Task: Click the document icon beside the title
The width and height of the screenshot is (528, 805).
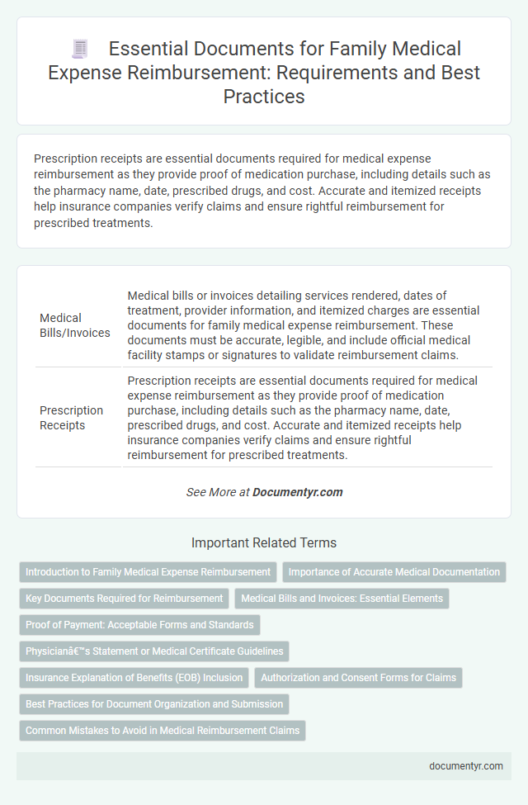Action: [81, 50]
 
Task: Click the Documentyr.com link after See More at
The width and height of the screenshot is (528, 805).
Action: [297, 492]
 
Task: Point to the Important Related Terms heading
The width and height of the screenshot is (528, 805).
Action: [264, 542]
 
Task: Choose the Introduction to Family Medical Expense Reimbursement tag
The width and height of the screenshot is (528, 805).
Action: [148, 571]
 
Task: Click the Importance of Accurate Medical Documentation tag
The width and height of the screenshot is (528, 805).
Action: [394, 571]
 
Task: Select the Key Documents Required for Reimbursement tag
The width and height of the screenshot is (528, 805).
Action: [124, 598]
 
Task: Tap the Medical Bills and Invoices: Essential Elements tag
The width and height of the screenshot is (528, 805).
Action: [342, 598]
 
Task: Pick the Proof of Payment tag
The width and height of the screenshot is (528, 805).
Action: [139, 624]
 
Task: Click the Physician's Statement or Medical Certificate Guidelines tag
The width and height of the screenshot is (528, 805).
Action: [154, 651]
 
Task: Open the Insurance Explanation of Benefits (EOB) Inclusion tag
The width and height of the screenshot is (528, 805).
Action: [134, 678]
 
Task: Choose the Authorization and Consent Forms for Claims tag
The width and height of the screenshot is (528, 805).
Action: [358, 678]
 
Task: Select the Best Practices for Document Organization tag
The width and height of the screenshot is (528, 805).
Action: [154, 704]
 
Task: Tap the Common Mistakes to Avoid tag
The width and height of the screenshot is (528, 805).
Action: [162, 731]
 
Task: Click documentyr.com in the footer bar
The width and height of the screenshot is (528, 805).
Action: [466, 765]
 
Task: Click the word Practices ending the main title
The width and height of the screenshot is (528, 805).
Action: [264, 96]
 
